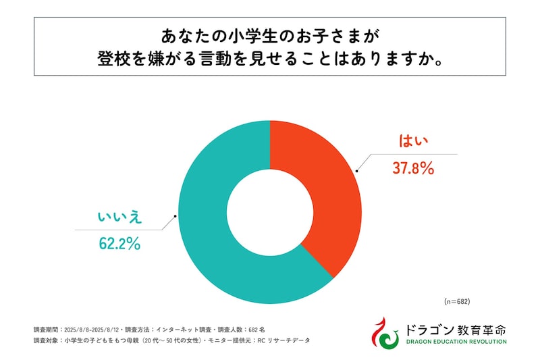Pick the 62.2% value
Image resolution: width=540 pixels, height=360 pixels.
[119, 244]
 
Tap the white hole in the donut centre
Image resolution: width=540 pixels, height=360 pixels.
[269, 211]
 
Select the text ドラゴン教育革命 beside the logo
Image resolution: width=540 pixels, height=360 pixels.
[456, 329]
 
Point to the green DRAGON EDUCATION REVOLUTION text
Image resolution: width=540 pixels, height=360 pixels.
[456, 342]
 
